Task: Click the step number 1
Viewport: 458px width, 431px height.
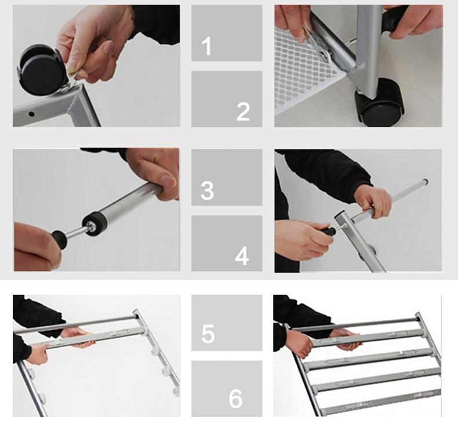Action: coord(206,46)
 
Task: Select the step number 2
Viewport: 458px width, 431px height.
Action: coord(243,111)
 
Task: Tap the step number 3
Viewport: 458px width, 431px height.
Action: coord(207,191)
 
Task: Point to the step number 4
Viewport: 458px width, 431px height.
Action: coord(242,256)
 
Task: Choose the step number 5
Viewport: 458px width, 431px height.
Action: coord(208,333)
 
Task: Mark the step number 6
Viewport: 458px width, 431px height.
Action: coord(235,399)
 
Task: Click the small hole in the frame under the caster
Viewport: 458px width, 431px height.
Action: coord(31,114)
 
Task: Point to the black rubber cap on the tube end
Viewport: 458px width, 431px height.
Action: coord(94,224)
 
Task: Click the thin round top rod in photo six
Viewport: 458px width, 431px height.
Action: coord(355,324)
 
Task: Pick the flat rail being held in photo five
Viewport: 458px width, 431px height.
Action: coord(93,338)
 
